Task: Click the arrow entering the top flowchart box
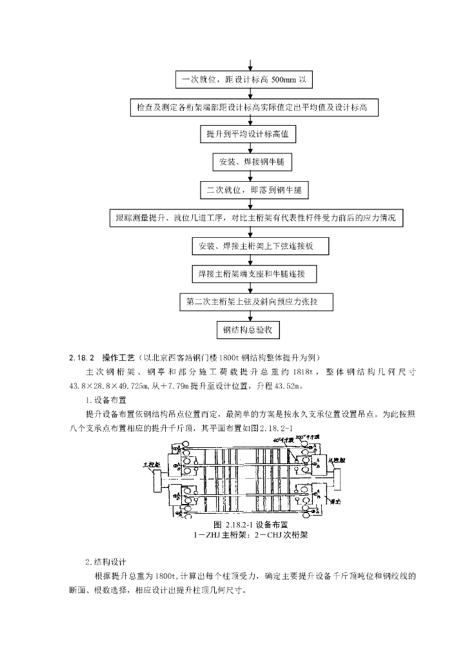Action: [250, 64]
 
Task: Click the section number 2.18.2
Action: [82, 357]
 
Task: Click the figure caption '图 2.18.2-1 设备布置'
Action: [250, 525]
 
